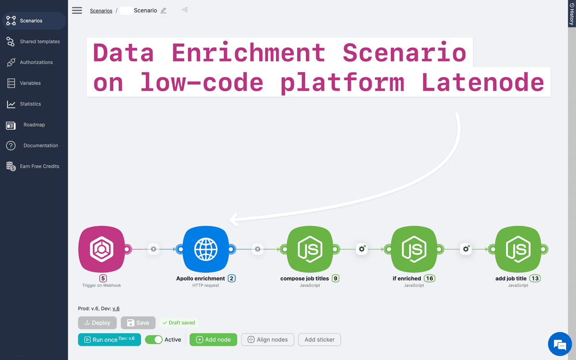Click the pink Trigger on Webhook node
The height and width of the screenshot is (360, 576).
[101, 249]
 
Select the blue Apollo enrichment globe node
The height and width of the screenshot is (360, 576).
[205, 249]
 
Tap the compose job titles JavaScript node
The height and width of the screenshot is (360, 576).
[310, 249]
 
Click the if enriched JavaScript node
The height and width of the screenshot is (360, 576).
[414, 249]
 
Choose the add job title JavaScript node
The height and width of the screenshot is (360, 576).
[518, 249]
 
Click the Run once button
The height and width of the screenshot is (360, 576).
[109, 339]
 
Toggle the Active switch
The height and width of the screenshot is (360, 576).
[154, 339]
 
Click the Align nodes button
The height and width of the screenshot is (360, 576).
[268, 339]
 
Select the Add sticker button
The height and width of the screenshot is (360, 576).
[319, 339]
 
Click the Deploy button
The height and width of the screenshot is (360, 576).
[97, 323]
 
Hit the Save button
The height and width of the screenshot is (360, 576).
[138, 323]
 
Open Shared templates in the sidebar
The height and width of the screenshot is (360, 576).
[39, 42]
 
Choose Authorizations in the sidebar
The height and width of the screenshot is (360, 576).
[36, 62]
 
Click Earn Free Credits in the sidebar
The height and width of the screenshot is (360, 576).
[39, 167]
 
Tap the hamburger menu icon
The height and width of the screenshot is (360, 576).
[77, 11]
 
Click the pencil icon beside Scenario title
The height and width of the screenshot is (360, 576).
[164, 11]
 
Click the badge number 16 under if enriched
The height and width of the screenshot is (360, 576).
[429, 278]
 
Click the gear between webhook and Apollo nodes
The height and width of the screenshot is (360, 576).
[154, 249]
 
